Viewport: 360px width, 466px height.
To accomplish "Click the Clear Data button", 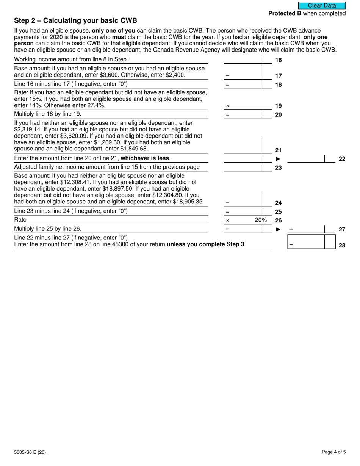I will (322, 6).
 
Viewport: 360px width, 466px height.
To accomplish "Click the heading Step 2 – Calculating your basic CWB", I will (75, 20).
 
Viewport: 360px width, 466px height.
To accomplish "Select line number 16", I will (279, 60).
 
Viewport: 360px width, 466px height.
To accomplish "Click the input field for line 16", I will (243, 60).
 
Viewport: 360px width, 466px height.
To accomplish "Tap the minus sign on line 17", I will (227, 76).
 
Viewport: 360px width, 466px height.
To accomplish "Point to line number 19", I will (279, 106).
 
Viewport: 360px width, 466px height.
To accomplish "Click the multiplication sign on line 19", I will (227, 106).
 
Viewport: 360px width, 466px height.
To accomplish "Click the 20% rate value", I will (261, 220).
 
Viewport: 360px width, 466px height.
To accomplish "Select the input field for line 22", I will (306, 159).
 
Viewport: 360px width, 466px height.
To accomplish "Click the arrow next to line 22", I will (278, 159).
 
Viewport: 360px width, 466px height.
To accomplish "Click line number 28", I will (342, 246).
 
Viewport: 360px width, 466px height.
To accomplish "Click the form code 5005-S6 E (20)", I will (30, 452).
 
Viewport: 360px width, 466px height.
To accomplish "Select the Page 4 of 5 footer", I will (333, 452).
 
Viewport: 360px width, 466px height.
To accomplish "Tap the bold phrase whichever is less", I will (145, 158).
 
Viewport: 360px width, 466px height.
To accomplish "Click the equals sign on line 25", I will (227, 212).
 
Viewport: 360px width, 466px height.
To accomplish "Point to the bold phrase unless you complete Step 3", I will (205, 244).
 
